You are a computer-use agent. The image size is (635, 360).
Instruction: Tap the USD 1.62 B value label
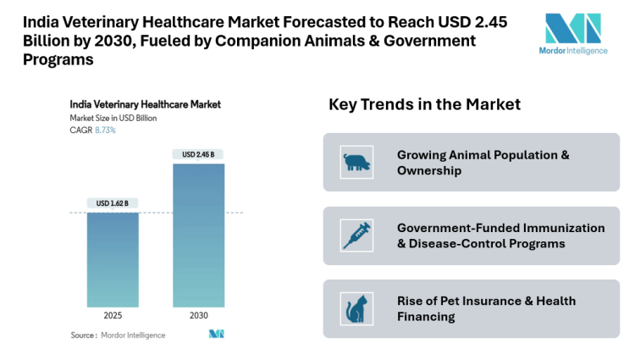[x=113, y=202]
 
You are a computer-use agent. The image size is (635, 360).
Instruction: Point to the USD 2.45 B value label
[x=199, y=153]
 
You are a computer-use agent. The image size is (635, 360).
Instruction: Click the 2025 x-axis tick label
[x=113, y=316]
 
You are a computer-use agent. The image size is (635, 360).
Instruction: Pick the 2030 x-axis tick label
[x=199, y=316]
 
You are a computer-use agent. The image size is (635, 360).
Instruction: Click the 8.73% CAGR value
[x=105, y=130]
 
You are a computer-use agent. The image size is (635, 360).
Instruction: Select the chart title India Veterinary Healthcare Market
[x=145, y=104]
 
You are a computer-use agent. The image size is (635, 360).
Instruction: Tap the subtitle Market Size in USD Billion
[x=113, y=118]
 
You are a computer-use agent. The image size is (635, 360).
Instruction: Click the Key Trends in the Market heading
[x=424, y=104]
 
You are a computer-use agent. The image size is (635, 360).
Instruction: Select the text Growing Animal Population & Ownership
[x=483, y=163]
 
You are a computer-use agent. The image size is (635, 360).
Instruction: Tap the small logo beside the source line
[x=216, y=335]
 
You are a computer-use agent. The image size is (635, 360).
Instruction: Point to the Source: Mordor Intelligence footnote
[x=118, y=335]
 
